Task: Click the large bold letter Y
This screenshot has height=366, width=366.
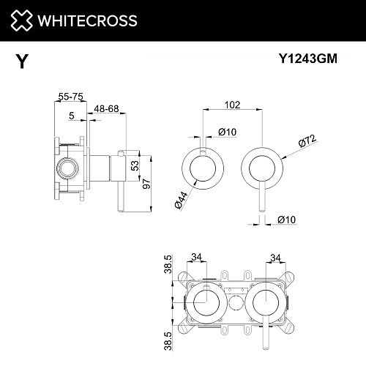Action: tap(23, 63)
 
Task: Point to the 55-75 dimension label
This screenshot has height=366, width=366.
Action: tap(70, 95)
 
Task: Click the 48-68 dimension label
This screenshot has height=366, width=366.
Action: tap(107, 110)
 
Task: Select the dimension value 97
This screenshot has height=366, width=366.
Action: tap(148, 183)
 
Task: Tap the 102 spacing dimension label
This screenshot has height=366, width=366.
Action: tap(233, 105)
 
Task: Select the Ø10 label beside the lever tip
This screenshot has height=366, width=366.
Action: tap(285, 219)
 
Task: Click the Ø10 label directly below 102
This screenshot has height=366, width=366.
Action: tap(226, 132)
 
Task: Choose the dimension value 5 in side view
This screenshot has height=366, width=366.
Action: tap(71, 115)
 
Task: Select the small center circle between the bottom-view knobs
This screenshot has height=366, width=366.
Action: tap(234, 303)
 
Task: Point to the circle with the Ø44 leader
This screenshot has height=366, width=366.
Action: tap(198, 168)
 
